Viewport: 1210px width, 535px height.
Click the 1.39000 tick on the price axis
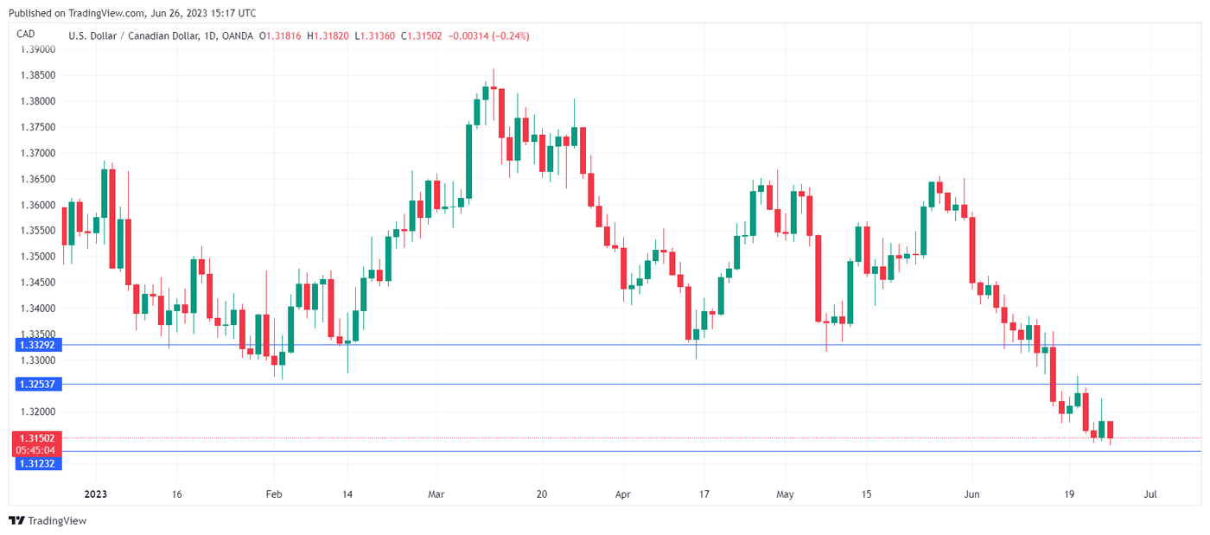pos(37,49)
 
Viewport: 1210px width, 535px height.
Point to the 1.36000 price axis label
pos(37,205)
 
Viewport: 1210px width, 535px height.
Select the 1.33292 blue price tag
pos(35,345)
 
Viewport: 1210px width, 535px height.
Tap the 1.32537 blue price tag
pos(35,384)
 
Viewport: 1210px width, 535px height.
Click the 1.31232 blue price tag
pos(35,463)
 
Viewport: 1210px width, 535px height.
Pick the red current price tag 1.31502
pos(35,438)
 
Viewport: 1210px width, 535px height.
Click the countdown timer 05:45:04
pos(35,450)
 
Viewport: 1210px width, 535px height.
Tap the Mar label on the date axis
pos(436,495)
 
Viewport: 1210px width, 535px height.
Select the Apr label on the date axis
pos(622,495)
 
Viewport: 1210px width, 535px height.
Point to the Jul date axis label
pos(1150,495)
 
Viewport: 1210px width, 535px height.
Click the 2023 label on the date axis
pos(95,495)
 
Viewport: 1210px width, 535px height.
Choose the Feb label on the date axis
pos(273,495)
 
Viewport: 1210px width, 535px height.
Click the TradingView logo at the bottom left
pos(48,520)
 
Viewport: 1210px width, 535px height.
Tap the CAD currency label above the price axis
pos(26,35)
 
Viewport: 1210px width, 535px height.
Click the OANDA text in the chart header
pos(238,35)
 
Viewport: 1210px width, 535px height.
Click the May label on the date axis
pos(785,495)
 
